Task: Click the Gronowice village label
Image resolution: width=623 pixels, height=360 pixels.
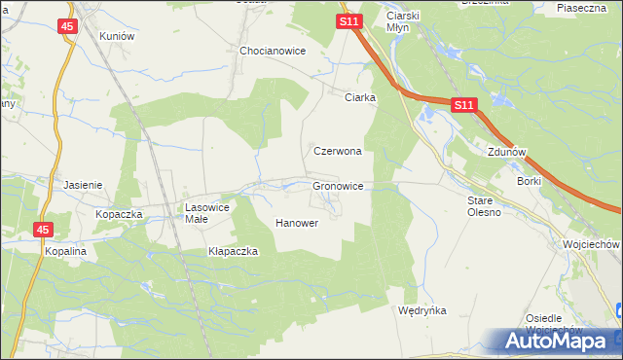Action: point(338,185)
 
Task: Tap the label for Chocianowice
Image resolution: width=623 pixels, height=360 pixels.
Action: point(274,51)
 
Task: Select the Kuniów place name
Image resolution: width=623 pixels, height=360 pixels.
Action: point(116,35)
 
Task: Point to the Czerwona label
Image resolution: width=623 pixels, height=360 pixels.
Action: point(338,152)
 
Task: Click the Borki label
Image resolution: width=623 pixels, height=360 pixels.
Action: point(530,181)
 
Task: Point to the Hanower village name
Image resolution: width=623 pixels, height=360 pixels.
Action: point(297,223)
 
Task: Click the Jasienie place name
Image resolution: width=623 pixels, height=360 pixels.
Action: point(83,184)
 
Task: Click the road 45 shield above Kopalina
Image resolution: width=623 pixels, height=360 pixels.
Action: point(43,230)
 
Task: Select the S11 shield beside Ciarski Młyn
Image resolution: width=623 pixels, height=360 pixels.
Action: point(350,20)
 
